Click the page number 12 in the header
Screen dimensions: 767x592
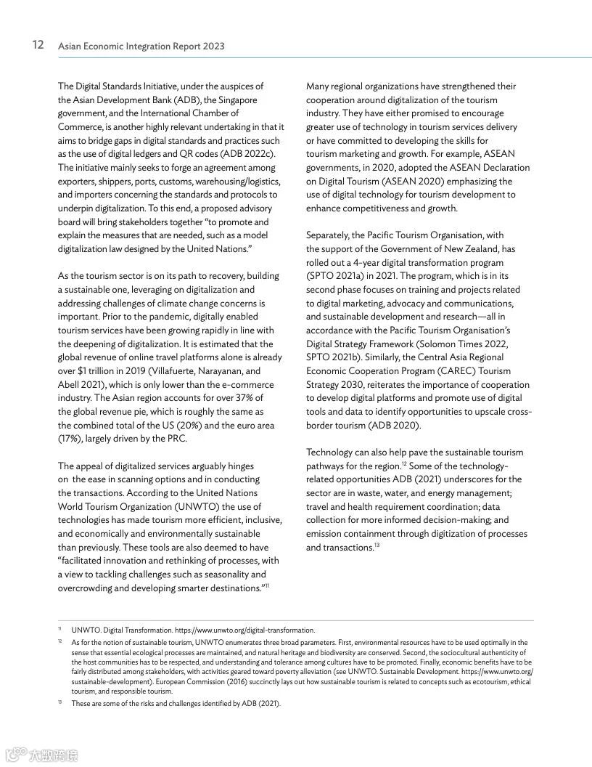pyautogui.click(x=39, y=45)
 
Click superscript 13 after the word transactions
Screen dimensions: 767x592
pyautogui.click(x=377, y=545)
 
